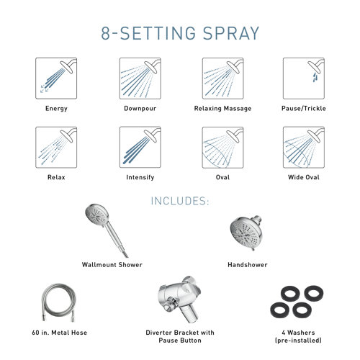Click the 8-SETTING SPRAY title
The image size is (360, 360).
pos(179,33)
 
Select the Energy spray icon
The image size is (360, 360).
pos(55,78)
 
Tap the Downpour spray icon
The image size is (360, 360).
pos(139,78)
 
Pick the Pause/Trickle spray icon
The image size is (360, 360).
pos(303,78)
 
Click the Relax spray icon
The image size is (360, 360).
pos(55,147)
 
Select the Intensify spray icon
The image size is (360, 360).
pos(139,147)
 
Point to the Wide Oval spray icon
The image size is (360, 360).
pos(303,147)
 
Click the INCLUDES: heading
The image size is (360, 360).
pos(179,202)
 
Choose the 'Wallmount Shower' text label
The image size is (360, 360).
pos(112,265)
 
